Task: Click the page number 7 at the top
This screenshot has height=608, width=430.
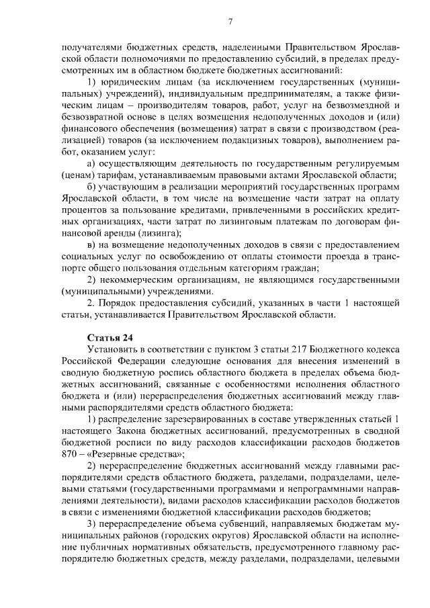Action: (230, 21)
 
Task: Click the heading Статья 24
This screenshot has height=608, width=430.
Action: (110, 337)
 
